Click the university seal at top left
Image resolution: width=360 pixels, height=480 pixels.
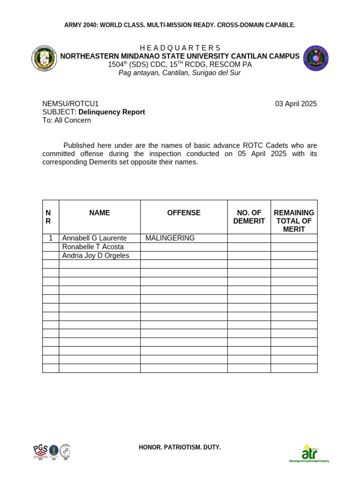(44, 58)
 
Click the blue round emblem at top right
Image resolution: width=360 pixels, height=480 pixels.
(316, 58)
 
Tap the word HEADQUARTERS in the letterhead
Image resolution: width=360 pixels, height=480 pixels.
(180, 48)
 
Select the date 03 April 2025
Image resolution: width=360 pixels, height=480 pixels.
(296, 104)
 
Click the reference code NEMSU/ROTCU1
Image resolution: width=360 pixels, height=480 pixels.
(70, 104)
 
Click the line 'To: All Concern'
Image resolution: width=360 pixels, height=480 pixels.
(67, 120)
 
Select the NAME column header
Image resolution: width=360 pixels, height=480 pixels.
(99, 213)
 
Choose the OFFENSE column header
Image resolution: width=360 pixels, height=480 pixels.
(184, 213)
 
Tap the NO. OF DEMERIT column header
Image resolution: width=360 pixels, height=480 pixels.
(249, 217)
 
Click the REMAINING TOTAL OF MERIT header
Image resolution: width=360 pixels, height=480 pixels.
(294, 221)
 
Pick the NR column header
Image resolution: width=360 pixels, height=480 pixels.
(48, 217)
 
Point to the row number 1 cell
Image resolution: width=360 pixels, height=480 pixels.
(51, 238)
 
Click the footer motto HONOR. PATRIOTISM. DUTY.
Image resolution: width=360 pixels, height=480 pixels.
(180, 447)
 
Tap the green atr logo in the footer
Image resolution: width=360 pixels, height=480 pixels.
(309, 453)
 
